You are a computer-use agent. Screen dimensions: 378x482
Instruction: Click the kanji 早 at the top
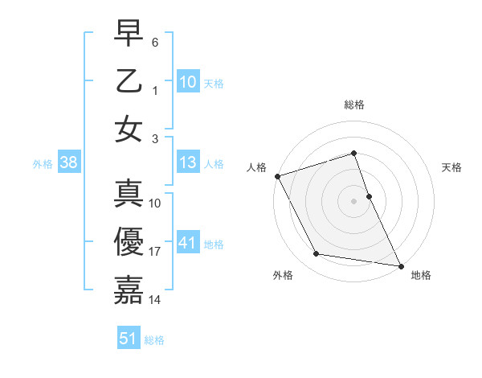click(x=129, y=34)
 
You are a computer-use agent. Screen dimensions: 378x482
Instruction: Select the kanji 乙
click(x=129, y=81)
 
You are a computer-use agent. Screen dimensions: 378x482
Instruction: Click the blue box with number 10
click(x=187, y=81)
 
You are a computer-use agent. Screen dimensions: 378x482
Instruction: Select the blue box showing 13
click(x=187, y=163)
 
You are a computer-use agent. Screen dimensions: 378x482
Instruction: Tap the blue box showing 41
click(x=187, y=243)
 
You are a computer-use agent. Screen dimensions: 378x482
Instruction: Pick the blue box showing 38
click(x=69, y=163)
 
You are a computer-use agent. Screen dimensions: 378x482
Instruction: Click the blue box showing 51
click(x=129, y=339)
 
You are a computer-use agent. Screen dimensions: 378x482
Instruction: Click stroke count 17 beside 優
click(x=156, y=252)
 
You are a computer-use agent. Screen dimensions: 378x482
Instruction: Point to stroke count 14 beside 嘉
click(x=156, y=299)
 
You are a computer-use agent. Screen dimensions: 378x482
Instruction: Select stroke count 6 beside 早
click(x=155, y=41)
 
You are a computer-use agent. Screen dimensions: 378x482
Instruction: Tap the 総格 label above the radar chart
click(x=354, y=105)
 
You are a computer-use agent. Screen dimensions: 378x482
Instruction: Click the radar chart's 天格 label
click(x=452, y=167)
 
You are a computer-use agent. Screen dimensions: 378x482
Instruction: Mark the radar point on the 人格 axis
click(x=277, y=175)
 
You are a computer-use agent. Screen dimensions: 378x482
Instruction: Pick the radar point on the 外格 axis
click(x=316, y=254)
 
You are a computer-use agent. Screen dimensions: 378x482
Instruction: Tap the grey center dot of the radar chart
click(x=354, y=201)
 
